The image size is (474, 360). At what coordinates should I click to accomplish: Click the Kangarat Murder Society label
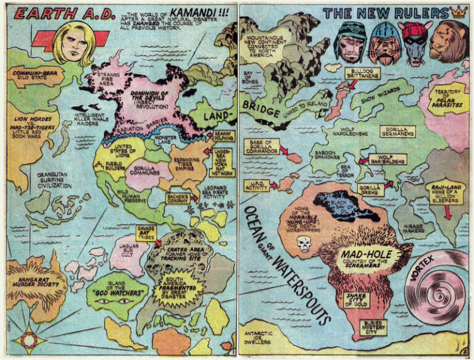(x=31, y=286)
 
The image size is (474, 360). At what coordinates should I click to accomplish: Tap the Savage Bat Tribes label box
(x=144, y=233)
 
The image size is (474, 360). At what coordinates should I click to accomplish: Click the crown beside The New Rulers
(x=458, y=12)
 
